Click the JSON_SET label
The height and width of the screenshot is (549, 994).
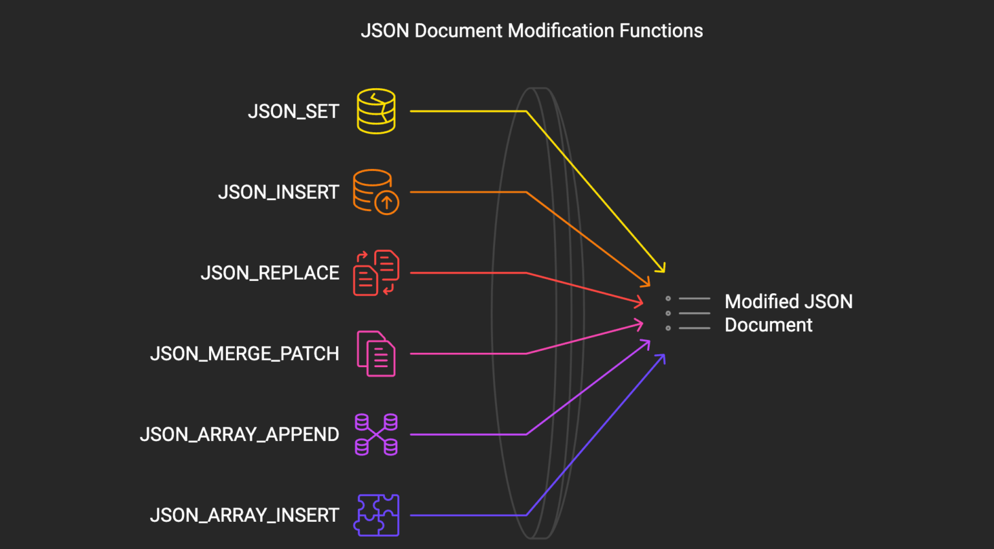[x=293, y=111]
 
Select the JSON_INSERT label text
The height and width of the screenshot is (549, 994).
[x=278, y=192]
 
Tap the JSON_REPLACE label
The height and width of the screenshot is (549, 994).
[x=270, y=273]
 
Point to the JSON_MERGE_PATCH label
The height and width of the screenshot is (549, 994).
[x=245, y=353]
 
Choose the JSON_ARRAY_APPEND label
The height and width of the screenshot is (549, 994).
[x=239, y=434]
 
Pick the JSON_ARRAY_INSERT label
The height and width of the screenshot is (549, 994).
[x=245, y=515]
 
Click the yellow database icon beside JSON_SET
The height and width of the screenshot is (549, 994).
[x=376, y=111]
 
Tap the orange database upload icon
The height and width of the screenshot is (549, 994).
[x=376, y=192]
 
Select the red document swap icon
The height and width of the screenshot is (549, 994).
[x=376, y=273]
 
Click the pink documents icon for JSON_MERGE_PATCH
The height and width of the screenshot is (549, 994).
[x=376, y=353]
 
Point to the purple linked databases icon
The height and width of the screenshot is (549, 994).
[x=376, y=434]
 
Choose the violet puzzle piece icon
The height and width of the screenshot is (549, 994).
[x=376, y=515]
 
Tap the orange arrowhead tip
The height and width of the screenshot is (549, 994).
[x=647, y=284]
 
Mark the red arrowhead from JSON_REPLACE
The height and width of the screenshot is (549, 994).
[x=640, y=302]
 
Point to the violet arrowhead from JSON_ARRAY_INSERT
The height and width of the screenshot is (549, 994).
[x=662, y=357]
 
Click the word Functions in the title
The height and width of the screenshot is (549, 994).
[x=661, y=30]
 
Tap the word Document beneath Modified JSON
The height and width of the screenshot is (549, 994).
[x=768, y=325]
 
